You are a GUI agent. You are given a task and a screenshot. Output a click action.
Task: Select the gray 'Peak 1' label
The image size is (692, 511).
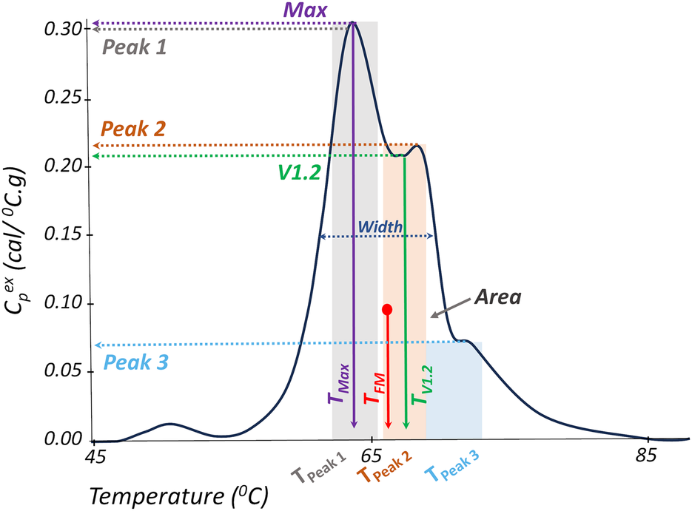134,48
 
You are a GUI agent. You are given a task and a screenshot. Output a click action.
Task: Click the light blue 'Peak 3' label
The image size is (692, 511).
135,363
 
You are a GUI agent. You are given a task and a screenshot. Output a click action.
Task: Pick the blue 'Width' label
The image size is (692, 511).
380,226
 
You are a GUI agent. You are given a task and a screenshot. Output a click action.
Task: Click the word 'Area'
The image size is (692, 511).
499,298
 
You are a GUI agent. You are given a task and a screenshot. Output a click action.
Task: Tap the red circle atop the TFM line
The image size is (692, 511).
387,309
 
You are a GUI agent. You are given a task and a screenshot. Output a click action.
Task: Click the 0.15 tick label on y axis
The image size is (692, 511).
65,235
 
